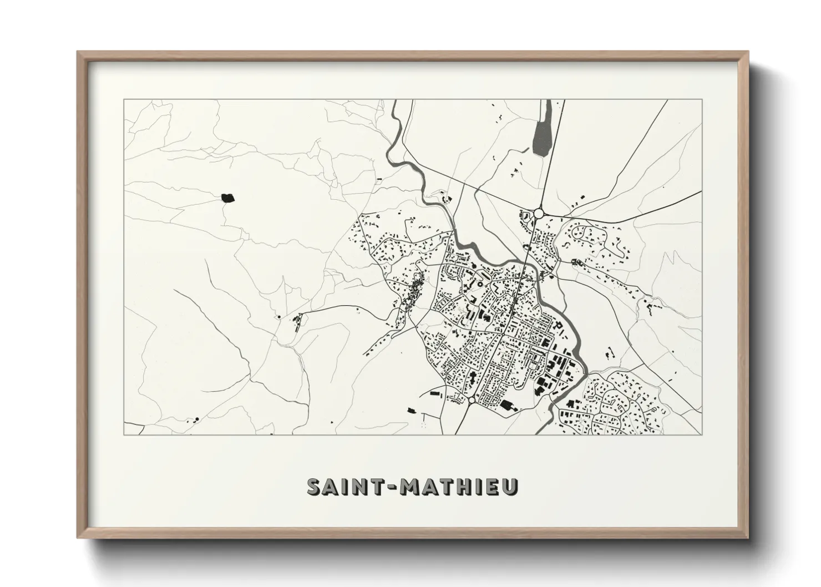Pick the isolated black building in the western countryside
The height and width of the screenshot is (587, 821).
pyautogui.click(x=227, y=198)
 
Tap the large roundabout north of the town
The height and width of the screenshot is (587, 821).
pyautogui.click(x=538, y=214)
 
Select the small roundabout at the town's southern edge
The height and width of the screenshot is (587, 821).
pyautogui.click(x=471, y=400)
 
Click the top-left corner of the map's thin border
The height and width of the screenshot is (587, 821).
pyautogui.click(x=124, y=100)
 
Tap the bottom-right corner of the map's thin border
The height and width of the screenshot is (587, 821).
pyautogui.click(x=702, y=434)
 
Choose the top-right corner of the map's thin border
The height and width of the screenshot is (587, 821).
pyautogui.click(x=702, y=100)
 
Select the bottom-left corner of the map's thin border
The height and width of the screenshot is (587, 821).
pyautogui.click(x=124, y=434)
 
